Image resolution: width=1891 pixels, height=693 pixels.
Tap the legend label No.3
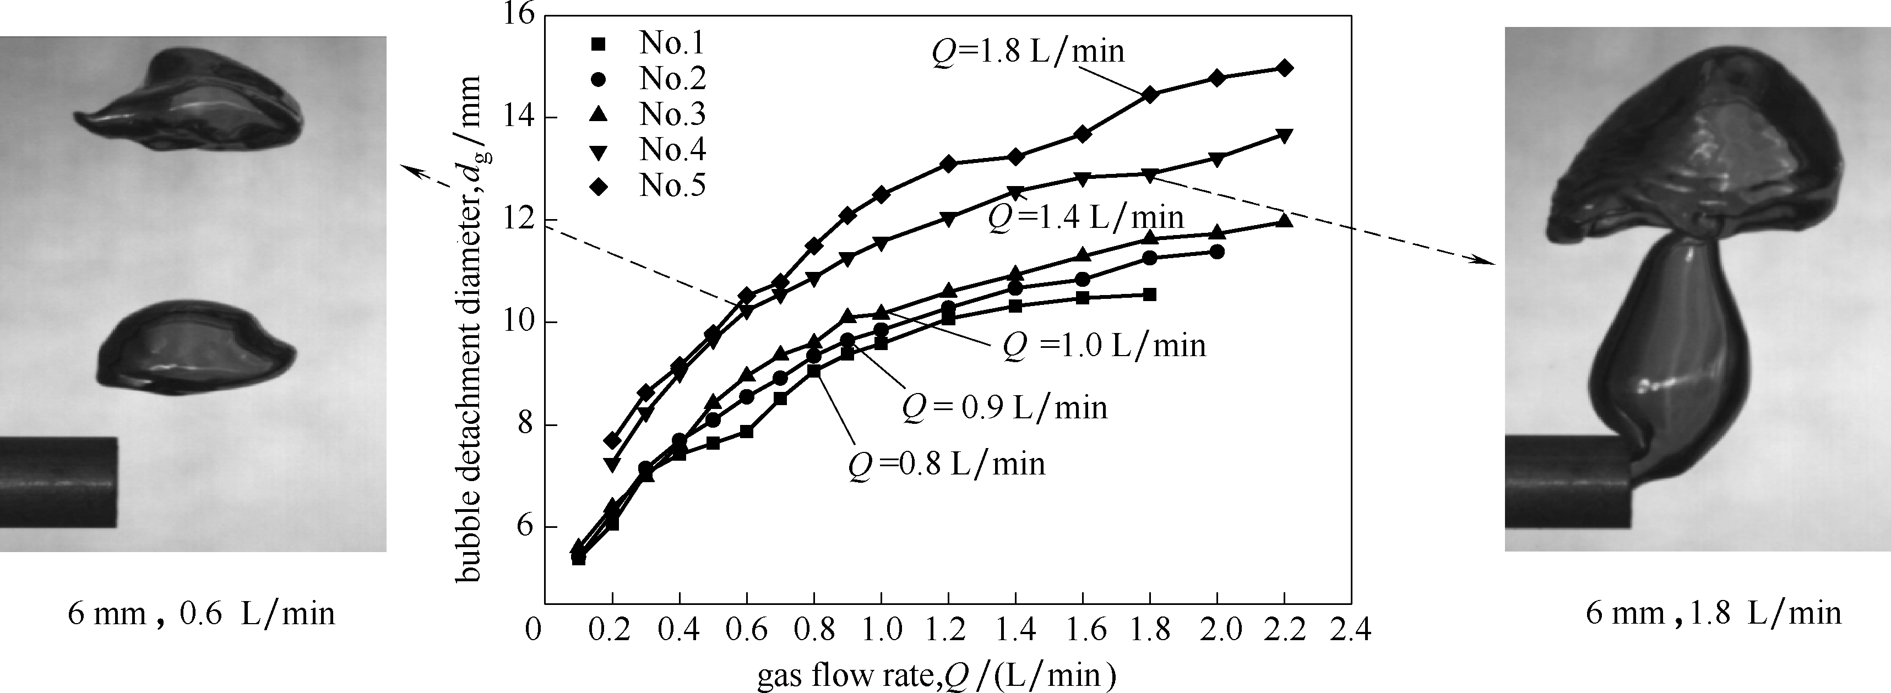coord(672,114)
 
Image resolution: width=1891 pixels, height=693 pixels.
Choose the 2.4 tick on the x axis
coord(1350,630)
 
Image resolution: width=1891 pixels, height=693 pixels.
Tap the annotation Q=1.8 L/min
coord(1028,51)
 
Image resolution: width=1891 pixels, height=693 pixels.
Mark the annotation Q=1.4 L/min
coord(1086,217)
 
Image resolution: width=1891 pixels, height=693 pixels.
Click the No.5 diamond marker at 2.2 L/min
coord(1285,68)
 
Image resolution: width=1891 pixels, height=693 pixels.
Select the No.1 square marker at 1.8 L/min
coord(1150,294)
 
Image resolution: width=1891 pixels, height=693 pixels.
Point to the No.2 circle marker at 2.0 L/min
coord(1216,252)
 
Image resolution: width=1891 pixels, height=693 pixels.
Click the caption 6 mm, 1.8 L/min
coord(1713,614)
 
